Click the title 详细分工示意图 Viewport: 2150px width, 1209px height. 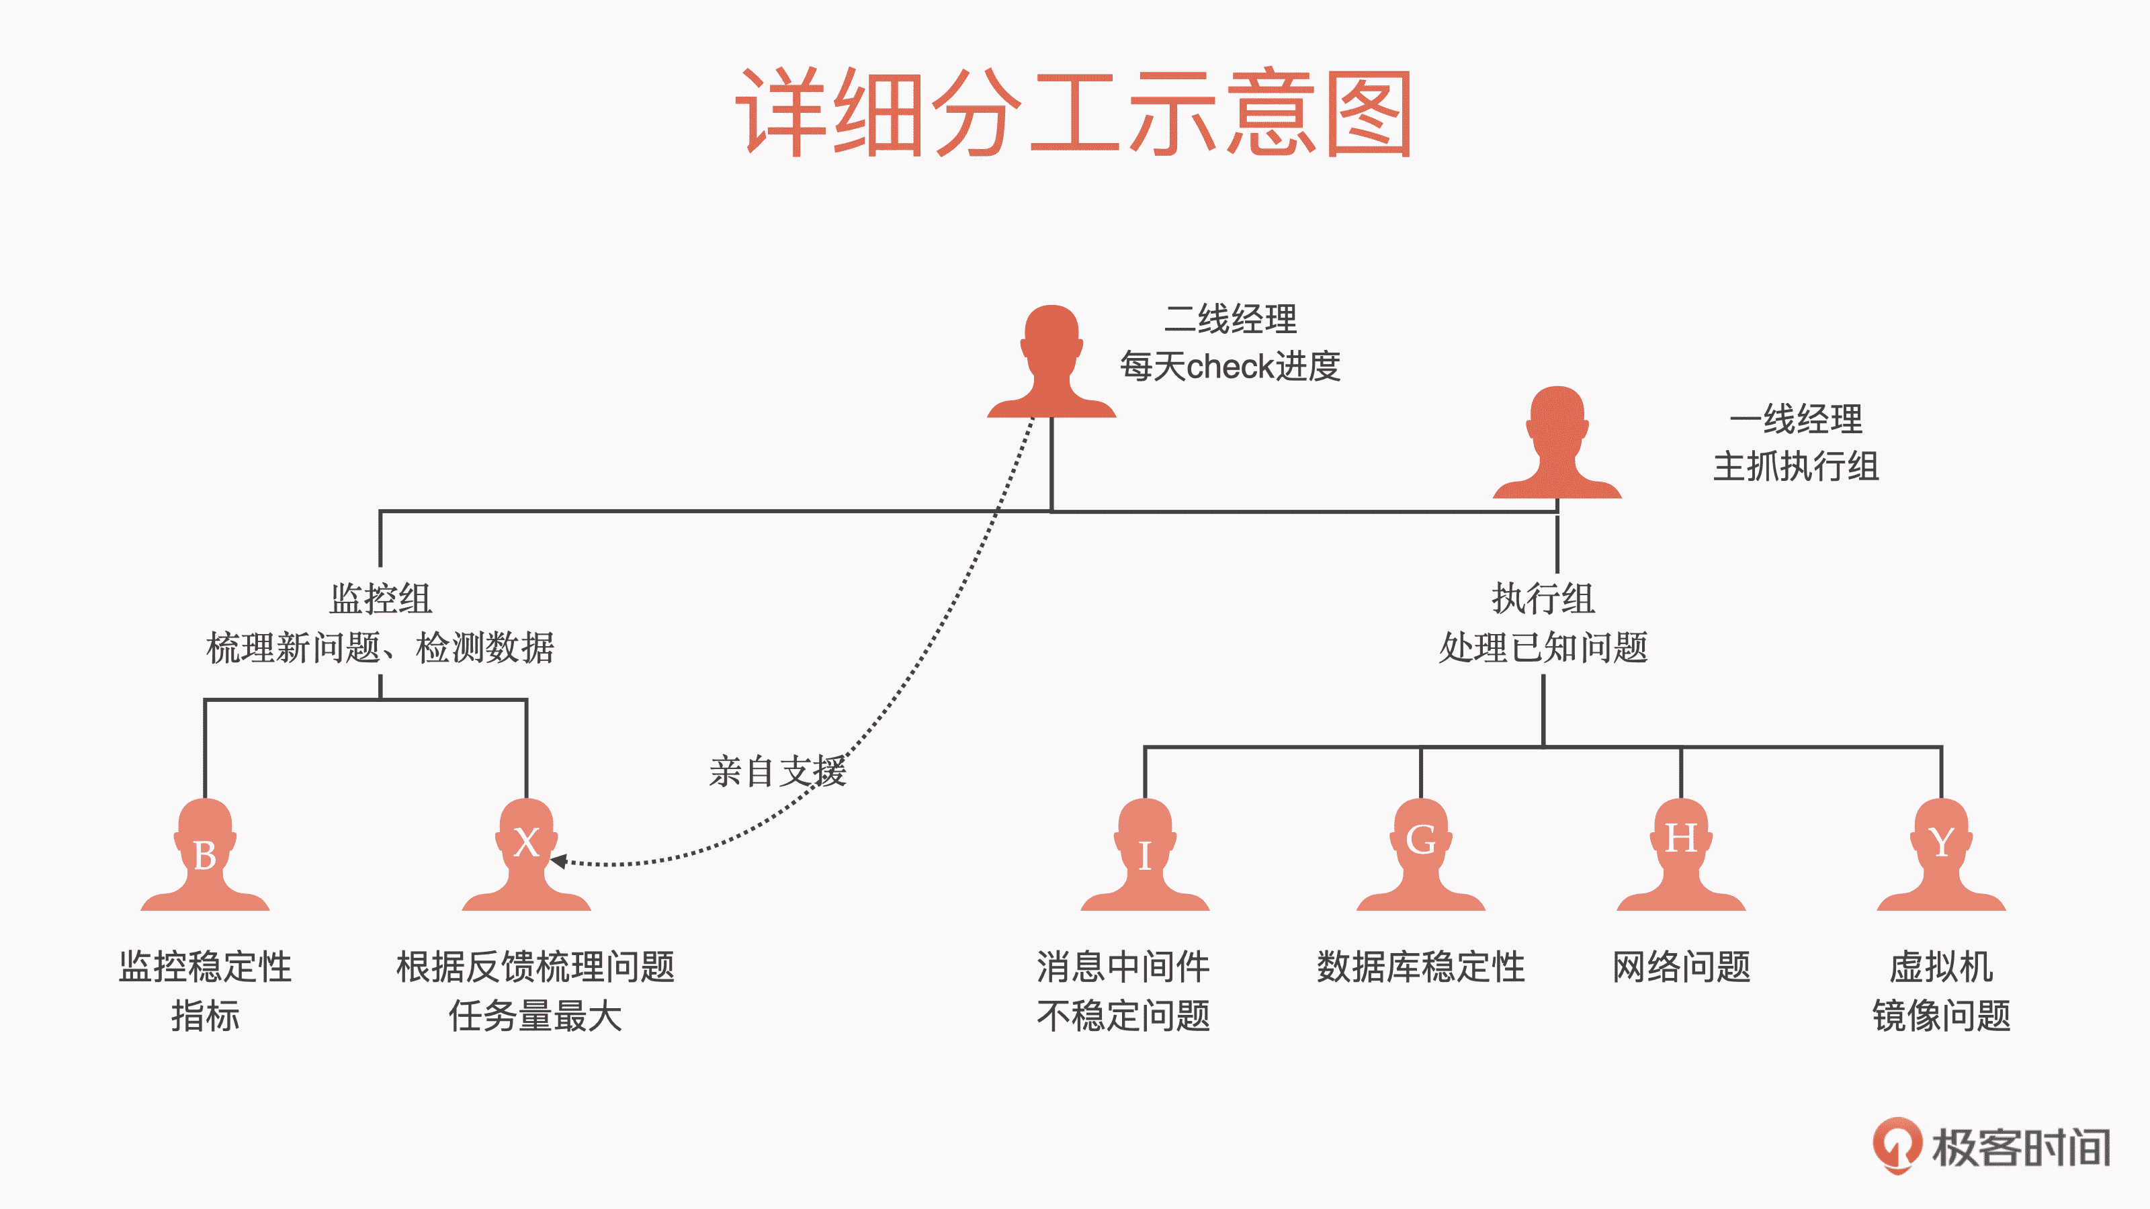click(x=1074, y=113)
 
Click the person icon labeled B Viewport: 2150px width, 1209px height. click(x=204, y=855)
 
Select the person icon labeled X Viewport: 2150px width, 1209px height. click(x=526, y=855)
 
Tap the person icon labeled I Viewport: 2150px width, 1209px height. click(x=1144, y=855)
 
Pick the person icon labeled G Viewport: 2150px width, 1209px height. click(x=1420, y=855)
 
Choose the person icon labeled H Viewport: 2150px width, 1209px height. click(x=1681, y=855)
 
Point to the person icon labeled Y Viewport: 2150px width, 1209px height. click(x=1941, y=855)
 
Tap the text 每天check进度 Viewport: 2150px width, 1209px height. click(x=1230, y=366)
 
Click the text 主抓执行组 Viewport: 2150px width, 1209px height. click(x=1796, y=466)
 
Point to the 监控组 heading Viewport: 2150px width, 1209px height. click(x=380, y=598)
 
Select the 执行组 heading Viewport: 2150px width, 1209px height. click(x=1543, y=598)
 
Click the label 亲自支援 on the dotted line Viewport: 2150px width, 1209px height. click(x=777, y=771)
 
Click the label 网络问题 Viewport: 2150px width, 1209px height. click(x=1681, y=967)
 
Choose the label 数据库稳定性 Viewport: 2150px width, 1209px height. click(x=1420, y=967)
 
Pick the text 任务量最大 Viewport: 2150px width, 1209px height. click(x=535, y=1016)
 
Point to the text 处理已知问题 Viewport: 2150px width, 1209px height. click(x=1543, y=647)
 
